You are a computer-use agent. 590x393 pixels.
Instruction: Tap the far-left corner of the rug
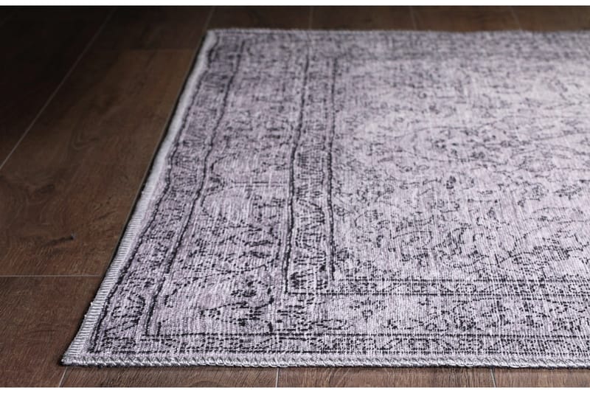click(x=213, y=32)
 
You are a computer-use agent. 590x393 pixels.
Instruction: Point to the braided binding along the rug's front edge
click(x=332, y=362)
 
